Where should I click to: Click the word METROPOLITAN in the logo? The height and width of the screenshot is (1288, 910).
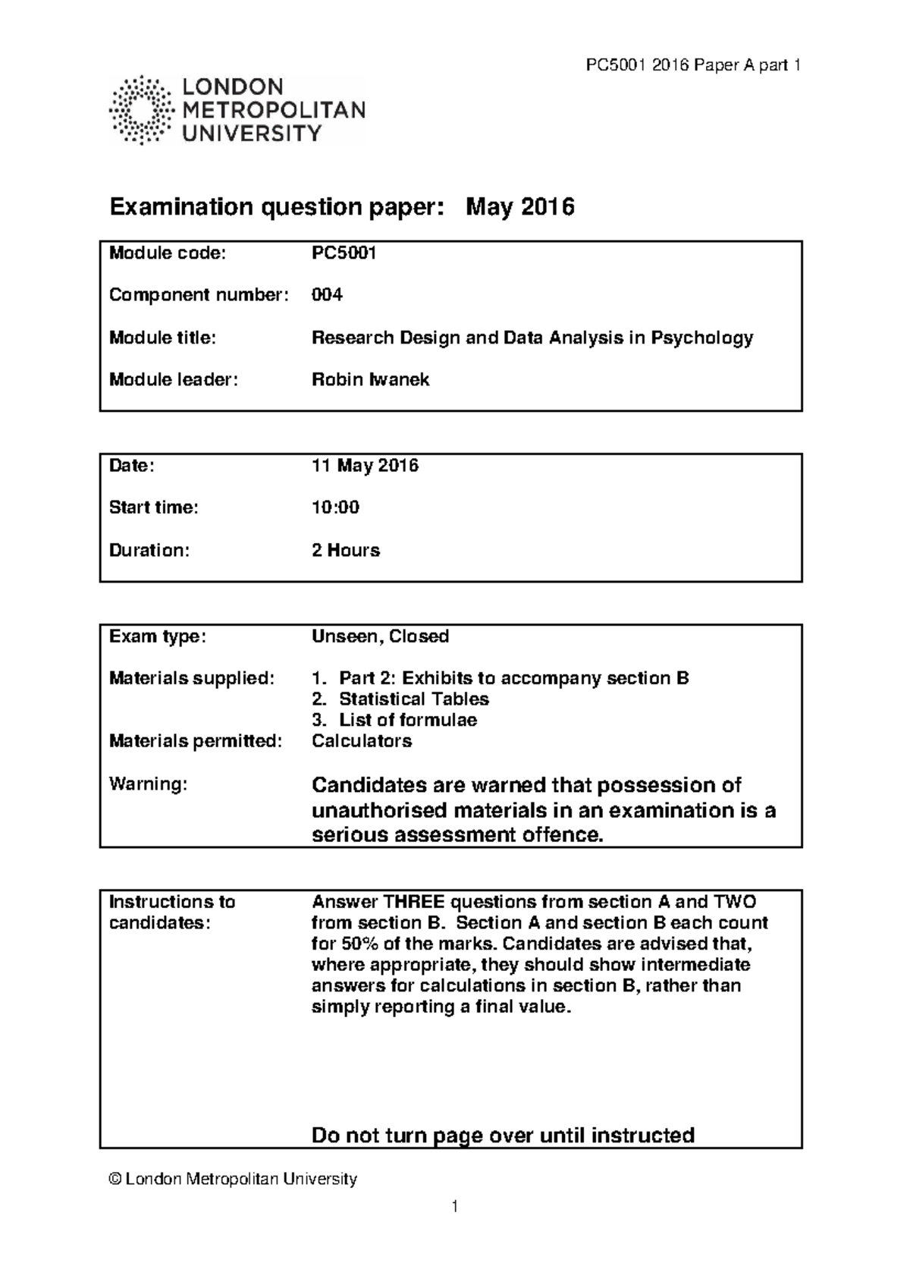(x=274, y=111)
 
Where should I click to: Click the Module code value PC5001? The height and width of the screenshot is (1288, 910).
(x=344, y=253)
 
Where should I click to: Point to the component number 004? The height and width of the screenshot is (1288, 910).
(x=327, y=295)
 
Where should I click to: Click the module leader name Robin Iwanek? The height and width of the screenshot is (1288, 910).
(x=370, y=380)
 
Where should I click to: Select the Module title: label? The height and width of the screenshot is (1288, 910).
(x=162, y=338)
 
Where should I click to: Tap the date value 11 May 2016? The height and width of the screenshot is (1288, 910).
(x=365, y=466)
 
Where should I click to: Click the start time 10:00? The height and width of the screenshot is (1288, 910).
(x=335, y=507)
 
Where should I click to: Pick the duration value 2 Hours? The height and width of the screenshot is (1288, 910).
(x=345, y=550)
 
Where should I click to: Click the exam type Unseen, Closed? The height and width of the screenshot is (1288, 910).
(x=380, y=636)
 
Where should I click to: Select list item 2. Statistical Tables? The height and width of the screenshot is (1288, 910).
(x=400, y=699)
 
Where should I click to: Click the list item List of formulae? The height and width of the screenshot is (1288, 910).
(x=407, y=720)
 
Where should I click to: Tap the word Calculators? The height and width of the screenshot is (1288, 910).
(x=361, y=741)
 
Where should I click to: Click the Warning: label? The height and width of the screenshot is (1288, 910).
(x=148, y=784)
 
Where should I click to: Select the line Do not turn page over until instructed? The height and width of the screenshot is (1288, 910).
(x=503, y=1136)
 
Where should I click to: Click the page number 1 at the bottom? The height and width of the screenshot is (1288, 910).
(x=454, y=1206)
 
